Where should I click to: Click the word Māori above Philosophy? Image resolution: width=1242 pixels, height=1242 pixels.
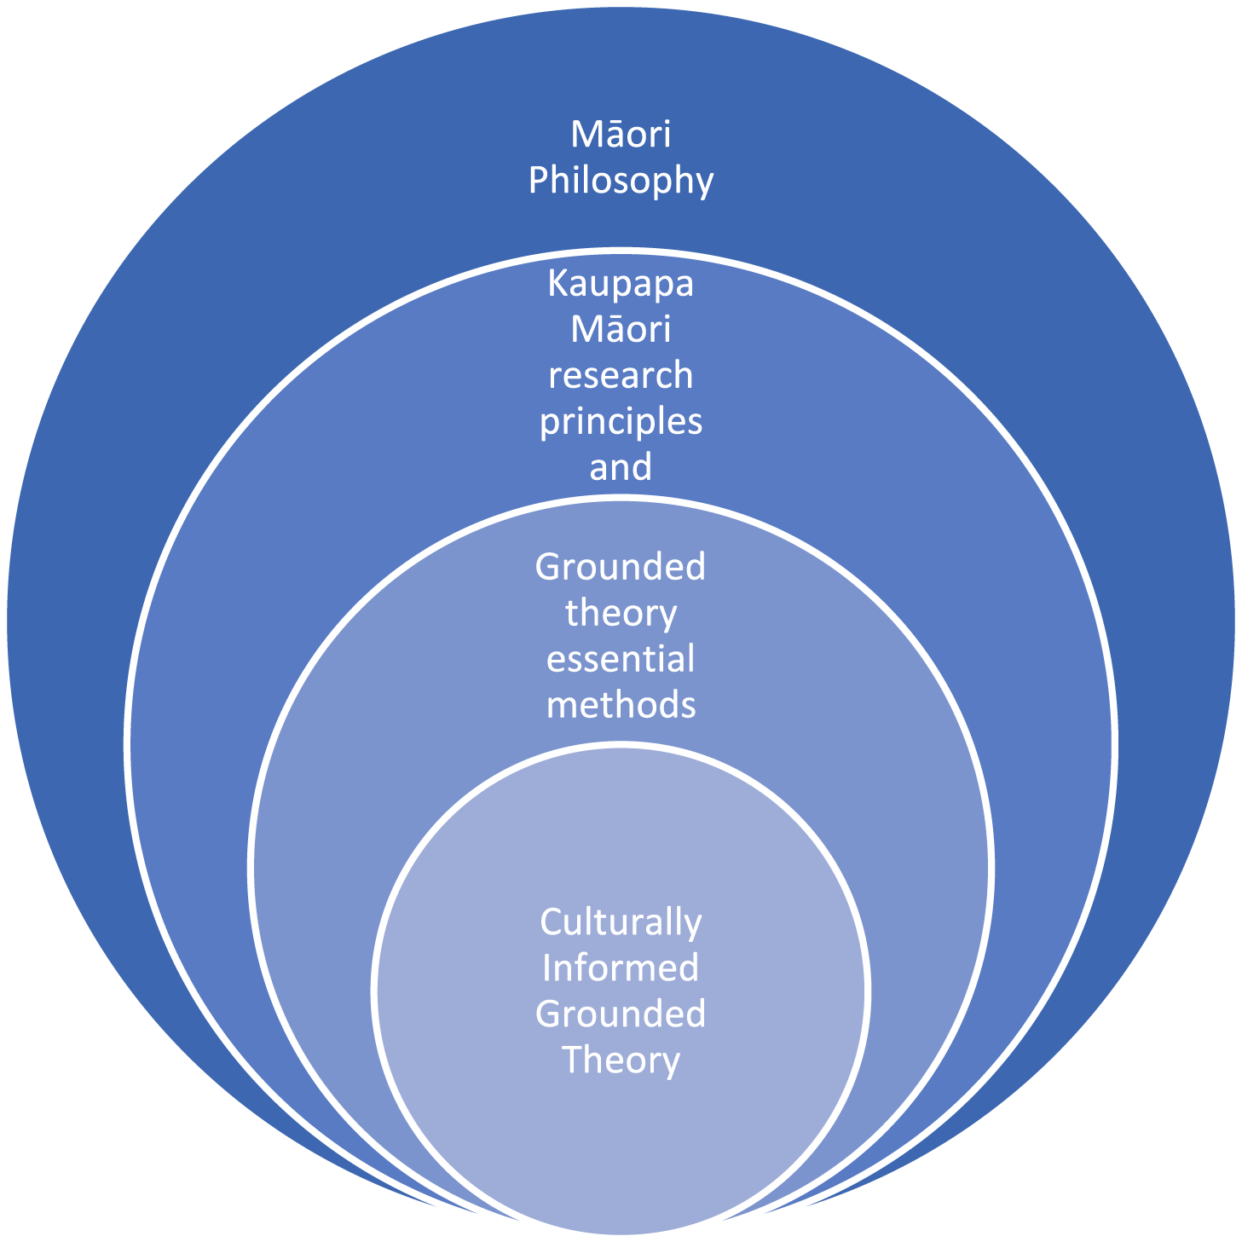click(621, 134)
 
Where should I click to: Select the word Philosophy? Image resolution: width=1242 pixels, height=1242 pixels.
click(621, 181)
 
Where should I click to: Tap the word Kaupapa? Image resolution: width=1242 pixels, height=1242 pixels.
click(621, 285)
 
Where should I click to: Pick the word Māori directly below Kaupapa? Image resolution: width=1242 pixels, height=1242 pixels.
click(621, 329)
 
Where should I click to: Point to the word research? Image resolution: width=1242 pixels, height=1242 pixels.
click(621, 375)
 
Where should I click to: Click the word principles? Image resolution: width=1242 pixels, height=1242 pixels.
click(621, 423)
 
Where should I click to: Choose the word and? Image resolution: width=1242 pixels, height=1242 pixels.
click(621, 467)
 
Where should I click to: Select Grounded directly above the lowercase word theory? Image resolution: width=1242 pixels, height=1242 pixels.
click(621, 567)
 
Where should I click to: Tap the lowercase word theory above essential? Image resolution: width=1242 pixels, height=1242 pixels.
click(621, 615)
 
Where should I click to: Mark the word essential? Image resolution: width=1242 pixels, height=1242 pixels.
click(621, 659)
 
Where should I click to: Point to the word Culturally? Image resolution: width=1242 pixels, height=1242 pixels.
click(621, 923)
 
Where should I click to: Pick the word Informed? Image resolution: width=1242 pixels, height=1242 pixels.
click(621, 968)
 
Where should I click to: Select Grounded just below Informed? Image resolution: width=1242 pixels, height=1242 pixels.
click(621, 1014)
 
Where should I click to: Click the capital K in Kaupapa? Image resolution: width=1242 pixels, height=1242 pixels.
click(559, 284)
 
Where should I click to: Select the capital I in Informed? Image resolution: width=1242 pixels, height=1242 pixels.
click(546, 968)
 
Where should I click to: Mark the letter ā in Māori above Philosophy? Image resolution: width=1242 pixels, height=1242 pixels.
click(609, 136)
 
